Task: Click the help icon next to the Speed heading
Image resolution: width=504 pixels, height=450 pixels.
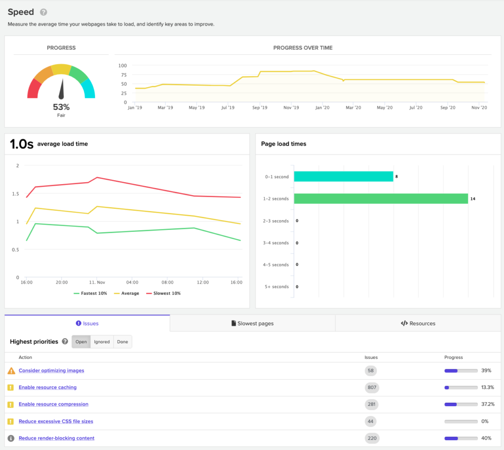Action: [43, 12]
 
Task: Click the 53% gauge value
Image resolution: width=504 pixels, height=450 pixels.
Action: [61, 107]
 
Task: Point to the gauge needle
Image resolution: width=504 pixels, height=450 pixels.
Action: [62, 89]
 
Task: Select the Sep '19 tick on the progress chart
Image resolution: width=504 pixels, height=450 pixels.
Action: [260, 108]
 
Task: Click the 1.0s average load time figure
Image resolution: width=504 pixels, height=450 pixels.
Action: [22, 144]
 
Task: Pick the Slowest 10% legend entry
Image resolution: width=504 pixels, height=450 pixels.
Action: [163, 293]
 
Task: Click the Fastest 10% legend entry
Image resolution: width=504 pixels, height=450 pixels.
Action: [91, 293]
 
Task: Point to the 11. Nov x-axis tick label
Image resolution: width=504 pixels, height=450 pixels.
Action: [97, 282]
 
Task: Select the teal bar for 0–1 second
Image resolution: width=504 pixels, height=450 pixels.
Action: [343, 176]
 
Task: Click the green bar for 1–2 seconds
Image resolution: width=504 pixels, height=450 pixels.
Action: [381, 198]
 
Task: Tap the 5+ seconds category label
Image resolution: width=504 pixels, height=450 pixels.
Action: [277, 287]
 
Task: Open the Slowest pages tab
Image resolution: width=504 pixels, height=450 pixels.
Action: [252, 323]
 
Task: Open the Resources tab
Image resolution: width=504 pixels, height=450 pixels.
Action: [418, 323]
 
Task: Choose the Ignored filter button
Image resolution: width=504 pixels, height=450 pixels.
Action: [102, 342]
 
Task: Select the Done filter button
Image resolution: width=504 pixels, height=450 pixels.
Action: [123, 342]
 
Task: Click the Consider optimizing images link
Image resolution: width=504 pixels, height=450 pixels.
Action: [51, 370]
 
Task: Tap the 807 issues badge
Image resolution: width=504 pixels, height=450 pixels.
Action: [372, 387]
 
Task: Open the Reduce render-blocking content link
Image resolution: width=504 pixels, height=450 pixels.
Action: [57, 438]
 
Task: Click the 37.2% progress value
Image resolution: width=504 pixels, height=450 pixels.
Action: [488, 404]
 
